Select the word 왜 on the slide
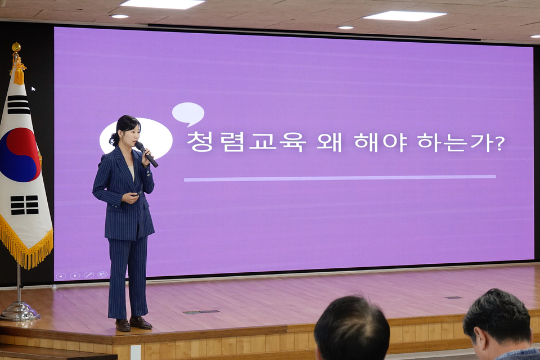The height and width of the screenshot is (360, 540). tap(330, 142)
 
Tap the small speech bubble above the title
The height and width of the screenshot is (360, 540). tap(188, 113)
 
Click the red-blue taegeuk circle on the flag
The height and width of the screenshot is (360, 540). tap(19, 155)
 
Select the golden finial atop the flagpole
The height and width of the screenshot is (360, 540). tap(16, 47)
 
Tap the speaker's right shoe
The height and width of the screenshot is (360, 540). tap(123, 325)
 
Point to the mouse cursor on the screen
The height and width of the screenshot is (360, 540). tap(33, 89)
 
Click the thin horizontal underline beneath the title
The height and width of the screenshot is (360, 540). tap(340, 178)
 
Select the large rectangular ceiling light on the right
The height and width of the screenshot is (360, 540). tap(404, 16)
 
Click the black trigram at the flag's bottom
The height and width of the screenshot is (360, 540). tap(24, 205)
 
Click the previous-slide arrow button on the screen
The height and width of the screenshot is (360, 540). tap(61, 276)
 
